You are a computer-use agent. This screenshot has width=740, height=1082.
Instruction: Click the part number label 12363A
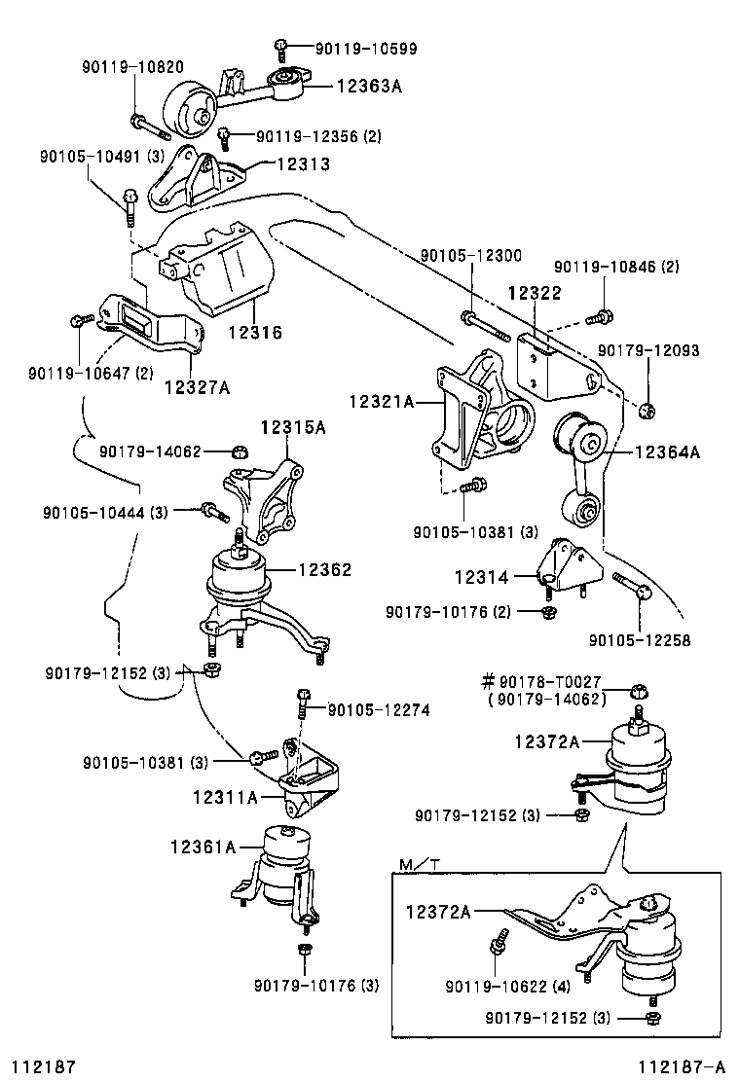(x=369, y=86)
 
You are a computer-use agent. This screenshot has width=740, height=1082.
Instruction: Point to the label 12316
(x=255, y=332)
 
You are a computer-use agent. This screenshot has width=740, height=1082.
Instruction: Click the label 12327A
(x=197, y=387)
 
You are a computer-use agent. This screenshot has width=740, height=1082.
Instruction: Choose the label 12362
(x=324, y=570)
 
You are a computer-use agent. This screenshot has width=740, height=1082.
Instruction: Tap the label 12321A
(x=381, y=400)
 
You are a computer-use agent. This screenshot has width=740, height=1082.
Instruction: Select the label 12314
(x=481, y=577)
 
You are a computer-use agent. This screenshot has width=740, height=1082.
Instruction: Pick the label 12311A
(x=225, y=798)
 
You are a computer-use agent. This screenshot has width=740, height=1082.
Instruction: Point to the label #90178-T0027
(x=544, y=682)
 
